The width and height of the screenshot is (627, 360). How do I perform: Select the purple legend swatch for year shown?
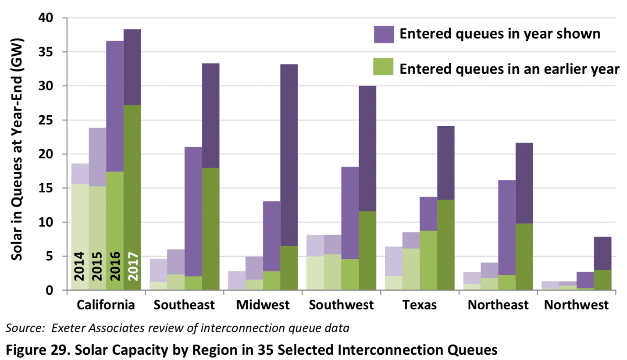point(384,34)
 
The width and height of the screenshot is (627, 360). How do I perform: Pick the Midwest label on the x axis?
point(263,305)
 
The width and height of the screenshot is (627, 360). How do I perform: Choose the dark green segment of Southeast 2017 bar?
point(210,228)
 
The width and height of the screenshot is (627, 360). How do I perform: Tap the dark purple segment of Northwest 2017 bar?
point(602,253)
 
